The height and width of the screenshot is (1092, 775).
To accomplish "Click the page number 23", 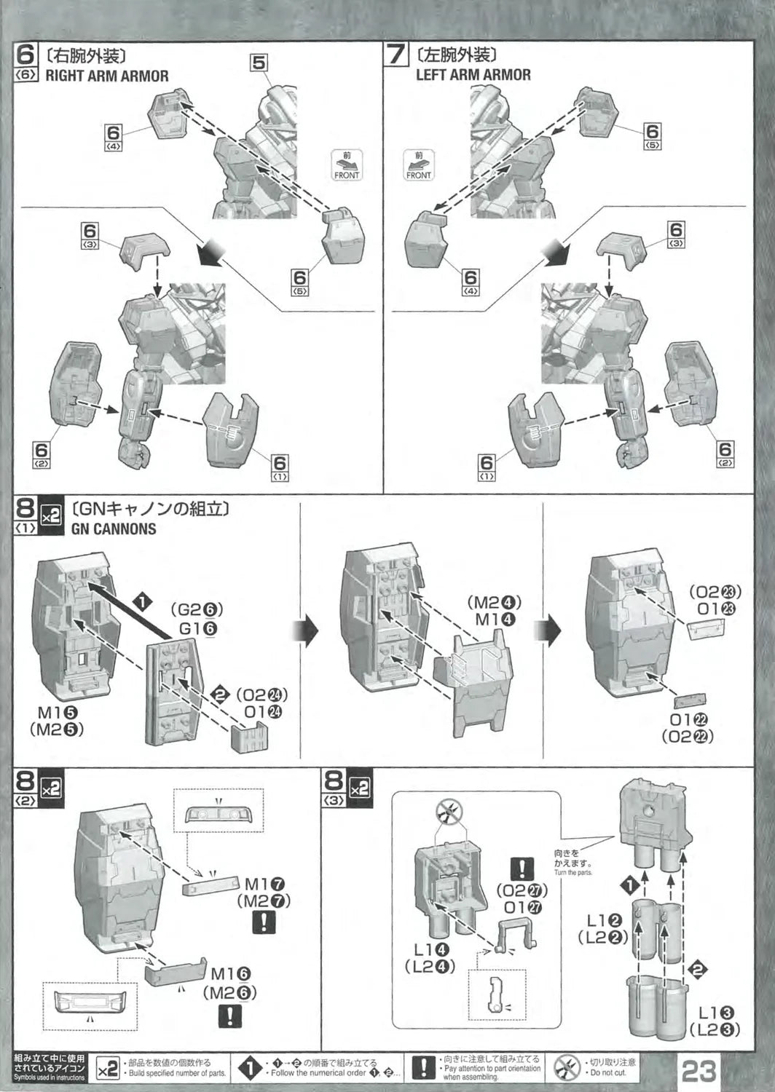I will pyautogui.click(x=699, y=1069).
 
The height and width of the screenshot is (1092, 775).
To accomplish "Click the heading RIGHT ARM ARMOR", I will pyautogui.click(x=106, y=76).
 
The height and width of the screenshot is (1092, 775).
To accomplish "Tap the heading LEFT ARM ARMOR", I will pyautogui.click(x=473, y=74).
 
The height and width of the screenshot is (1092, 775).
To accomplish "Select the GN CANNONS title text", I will pyautogui.click(x=114, y=529).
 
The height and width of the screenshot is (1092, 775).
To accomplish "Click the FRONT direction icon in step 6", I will pyautogui.click(x=347, y=165).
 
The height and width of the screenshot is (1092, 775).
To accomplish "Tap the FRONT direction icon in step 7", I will pyautogui.click(x=419, y=165).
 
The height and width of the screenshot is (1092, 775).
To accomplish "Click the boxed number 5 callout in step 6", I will pyautogui.click(x=259, y=63).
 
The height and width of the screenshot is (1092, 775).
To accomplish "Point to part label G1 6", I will pyautogui.click(x=197, y=628).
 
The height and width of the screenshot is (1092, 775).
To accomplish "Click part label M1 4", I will pyautogui.click(x=495, y=620).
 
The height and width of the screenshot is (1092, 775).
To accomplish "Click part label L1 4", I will pyautogui.click(x=431, y=949).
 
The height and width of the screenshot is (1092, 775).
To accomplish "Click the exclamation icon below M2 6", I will pyautogui.click(x=230, y=1016).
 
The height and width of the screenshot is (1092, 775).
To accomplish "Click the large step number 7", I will pyautogui.click(x=396, y=55).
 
